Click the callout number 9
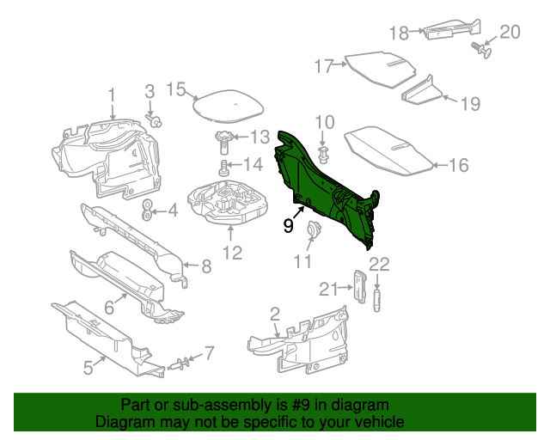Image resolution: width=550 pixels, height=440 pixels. [x=289, y=225]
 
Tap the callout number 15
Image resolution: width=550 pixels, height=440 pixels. [x=175, y=89]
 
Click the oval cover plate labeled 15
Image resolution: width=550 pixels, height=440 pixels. [x=225, y=106]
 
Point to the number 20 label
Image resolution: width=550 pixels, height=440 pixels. [x=510, y=32]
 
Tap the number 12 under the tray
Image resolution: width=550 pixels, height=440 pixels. [x=233, y=252]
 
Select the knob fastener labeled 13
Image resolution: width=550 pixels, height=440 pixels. [x=225, y=137]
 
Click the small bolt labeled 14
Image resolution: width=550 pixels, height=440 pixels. [x=224, y=167]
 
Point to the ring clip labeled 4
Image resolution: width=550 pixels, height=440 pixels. [x=147, y=209]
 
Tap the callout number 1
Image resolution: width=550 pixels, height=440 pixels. [x=112, y=94]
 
